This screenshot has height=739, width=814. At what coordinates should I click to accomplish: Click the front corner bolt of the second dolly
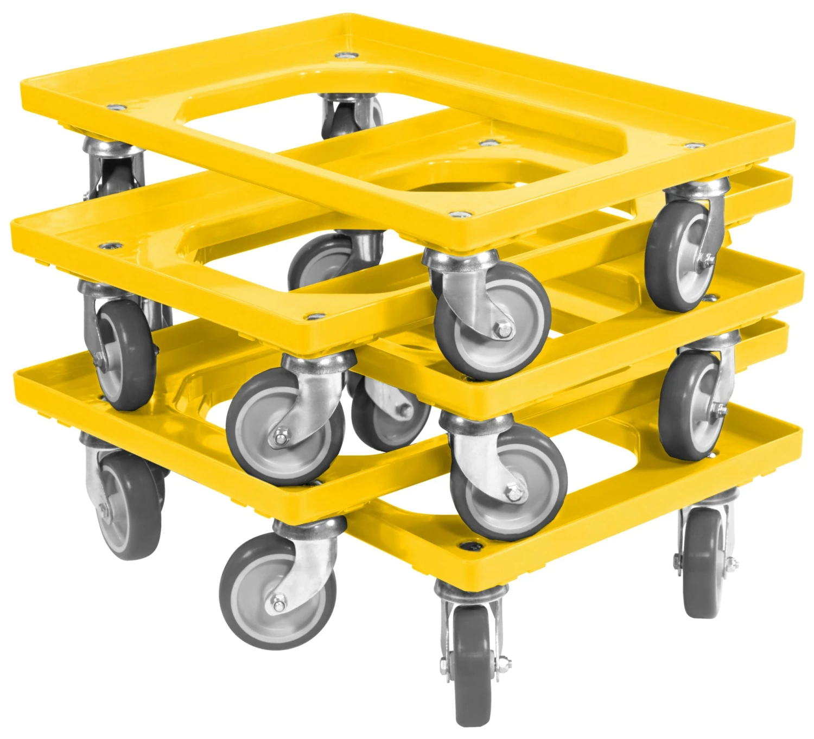313,315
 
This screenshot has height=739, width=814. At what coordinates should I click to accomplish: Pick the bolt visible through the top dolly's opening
488,143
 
